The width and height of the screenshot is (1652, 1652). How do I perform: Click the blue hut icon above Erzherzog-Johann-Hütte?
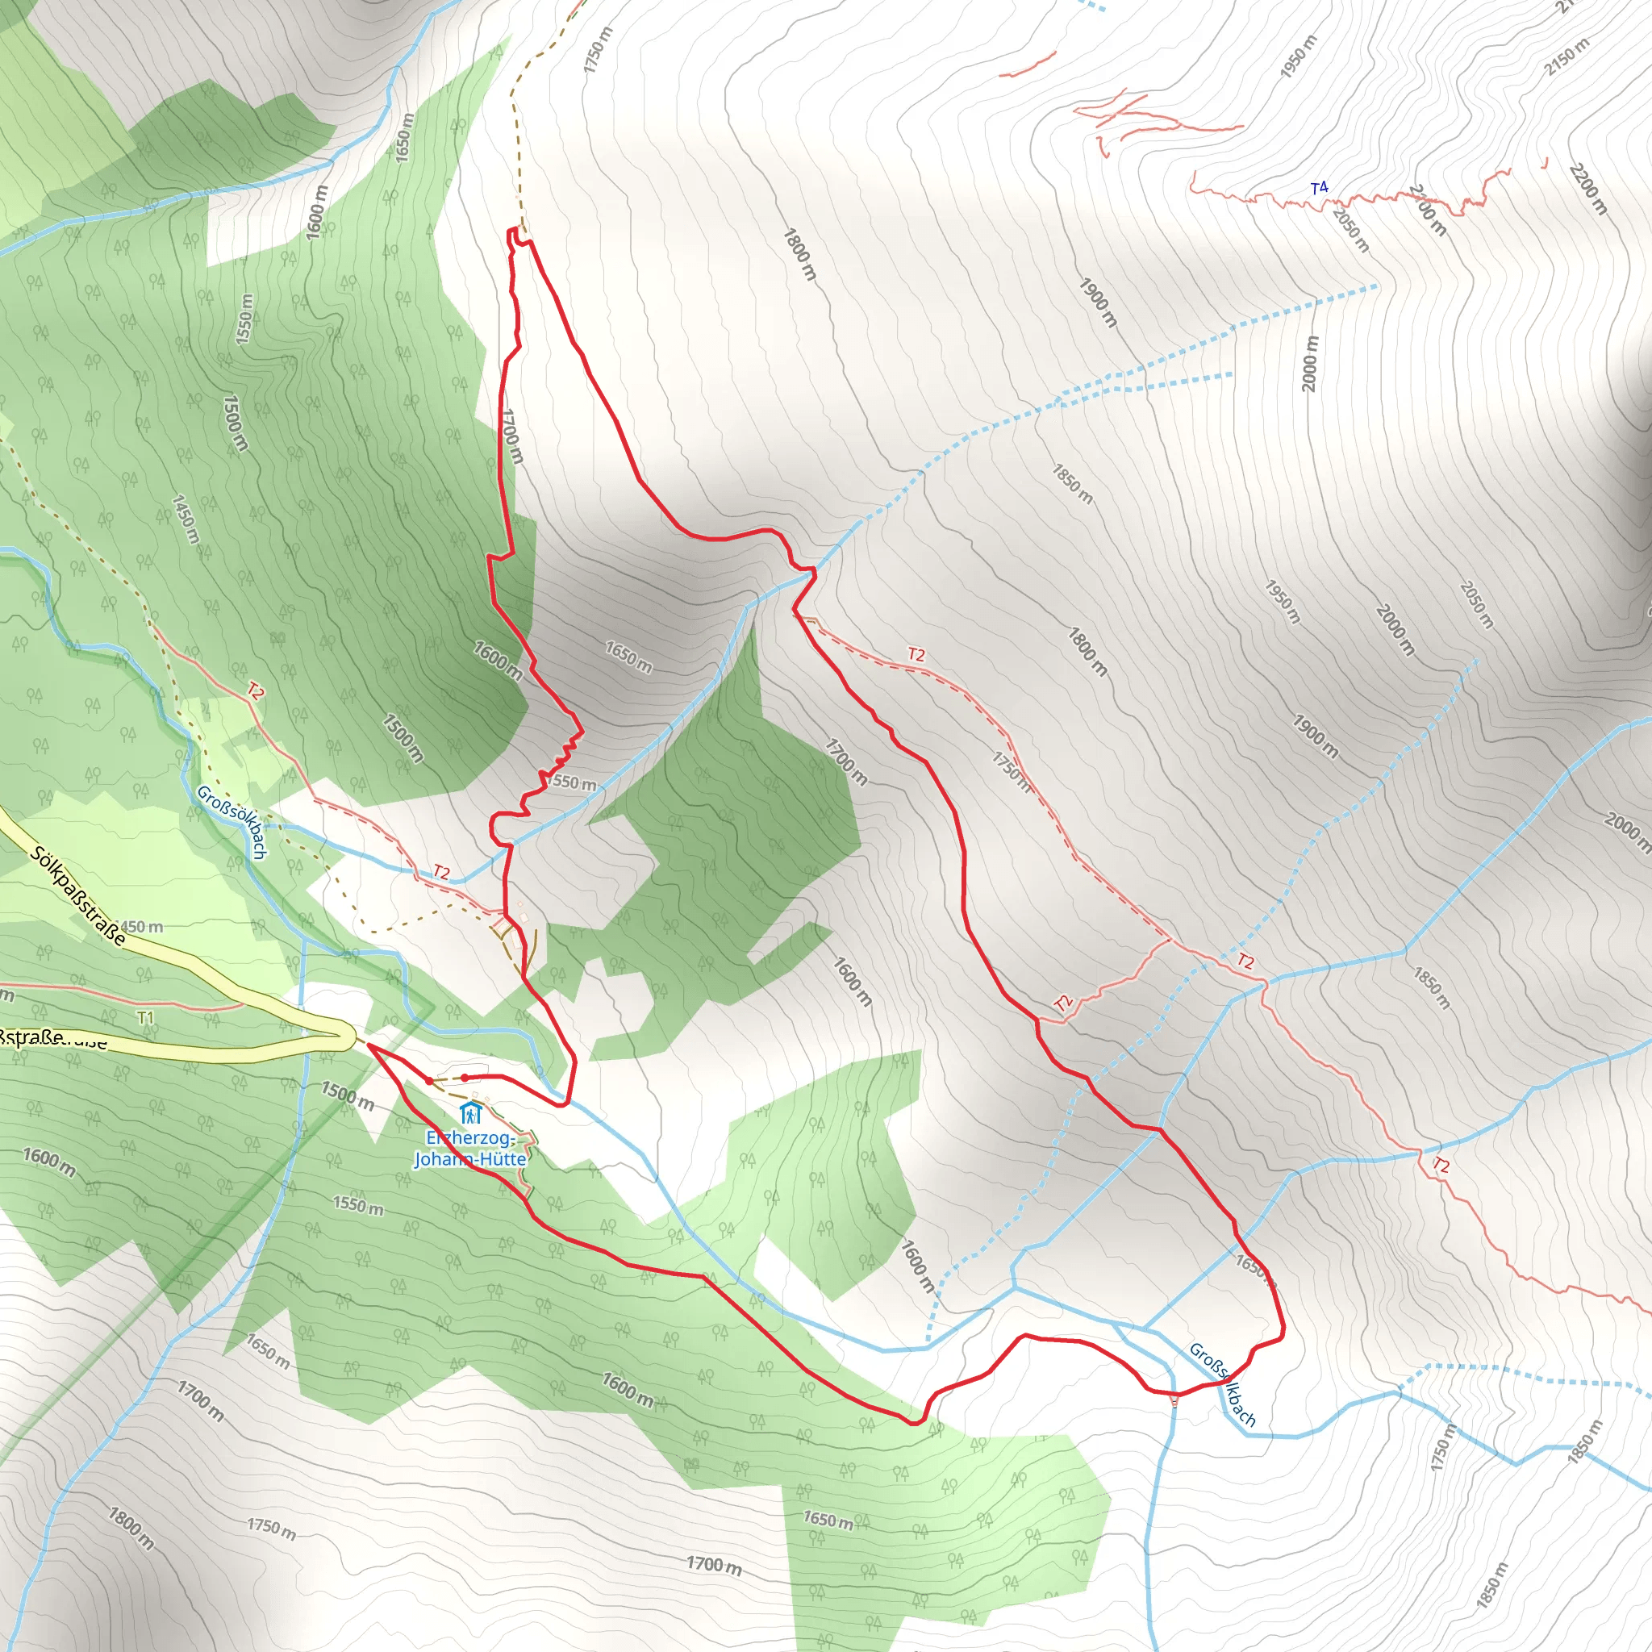469,1113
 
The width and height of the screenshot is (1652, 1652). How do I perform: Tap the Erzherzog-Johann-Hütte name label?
469,1149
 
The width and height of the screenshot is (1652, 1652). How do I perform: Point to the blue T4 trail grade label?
1320,188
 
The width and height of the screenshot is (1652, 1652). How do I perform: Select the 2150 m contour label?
1568,57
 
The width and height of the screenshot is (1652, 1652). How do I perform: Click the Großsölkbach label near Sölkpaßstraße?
232,822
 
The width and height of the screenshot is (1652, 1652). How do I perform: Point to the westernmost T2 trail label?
256,691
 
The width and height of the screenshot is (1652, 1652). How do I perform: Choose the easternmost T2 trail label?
1441,1165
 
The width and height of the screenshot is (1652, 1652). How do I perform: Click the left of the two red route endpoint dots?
429,1081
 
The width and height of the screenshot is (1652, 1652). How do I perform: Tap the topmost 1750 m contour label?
599,49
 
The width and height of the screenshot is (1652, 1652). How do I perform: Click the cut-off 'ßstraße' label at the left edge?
53,1039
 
